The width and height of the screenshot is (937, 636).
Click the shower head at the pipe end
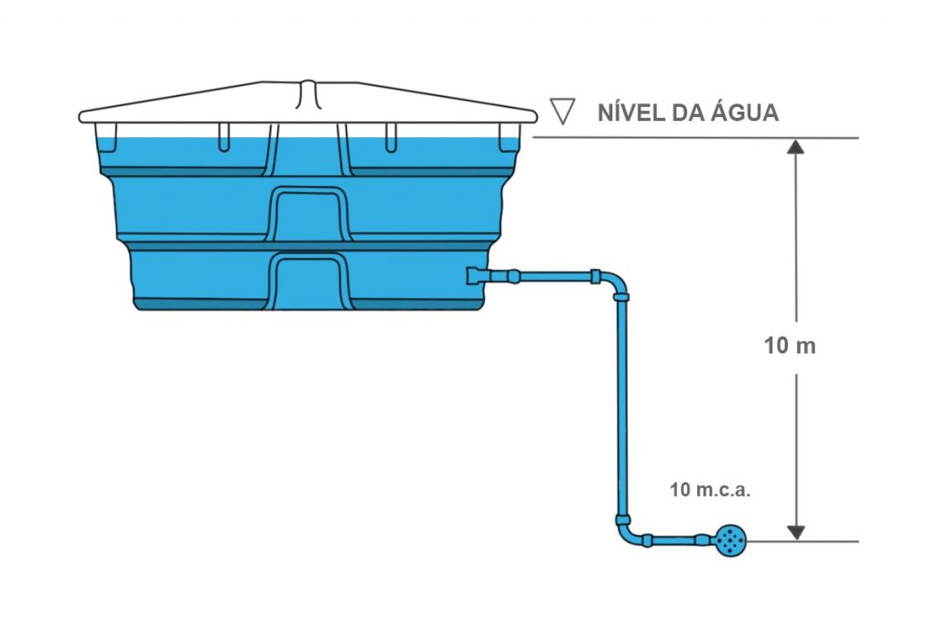tap(731, 542)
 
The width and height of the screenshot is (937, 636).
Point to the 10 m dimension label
tap(789, 347)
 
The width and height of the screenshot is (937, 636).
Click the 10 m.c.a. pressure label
tap(710, 490)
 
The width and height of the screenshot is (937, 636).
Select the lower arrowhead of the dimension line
tap(796, 532)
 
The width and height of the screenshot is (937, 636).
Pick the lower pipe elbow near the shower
tap(626, 532)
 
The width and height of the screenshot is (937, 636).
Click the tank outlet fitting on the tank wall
tap(478, 275)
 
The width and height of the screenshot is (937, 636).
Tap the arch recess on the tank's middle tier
tap(308, 213)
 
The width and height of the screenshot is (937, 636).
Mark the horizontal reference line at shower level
tap(805, 541)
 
